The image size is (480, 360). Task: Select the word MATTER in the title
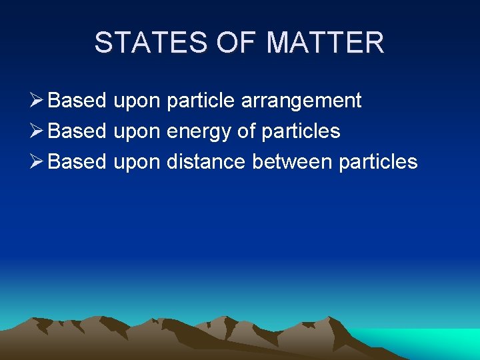tap(325, 43)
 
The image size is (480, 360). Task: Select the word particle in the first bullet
tap(200, 101)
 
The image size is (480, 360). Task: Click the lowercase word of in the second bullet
tap(246, 131)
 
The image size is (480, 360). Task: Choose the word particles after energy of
tap(301, 131)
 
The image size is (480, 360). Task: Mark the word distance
tap(206, 162)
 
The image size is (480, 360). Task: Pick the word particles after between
tap(378, 162)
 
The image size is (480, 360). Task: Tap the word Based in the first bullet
tap(77, 101)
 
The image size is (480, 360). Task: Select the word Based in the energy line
tap(77, 131)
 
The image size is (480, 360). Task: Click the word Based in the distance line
tap(77, 162)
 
